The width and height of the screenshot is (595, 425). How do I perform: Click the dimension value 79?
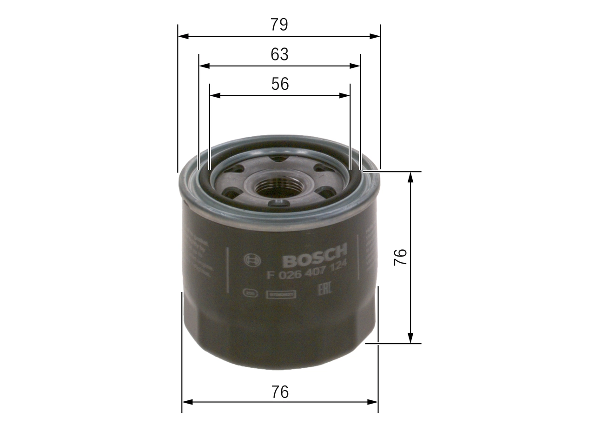pos(279,25)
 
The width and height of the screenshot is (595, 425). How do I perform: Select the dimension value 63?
pos(279,54)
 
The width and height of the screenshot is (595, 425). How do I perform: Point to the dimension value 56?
pos(280,84)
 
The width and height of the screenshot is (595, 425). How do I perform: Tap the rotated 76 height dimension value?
pos(400,257)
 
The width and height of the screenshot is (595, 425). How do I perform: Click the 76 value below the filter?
pos(280,392)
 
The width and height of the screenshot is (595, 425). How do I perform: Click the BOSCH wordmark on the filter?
pos(315,256)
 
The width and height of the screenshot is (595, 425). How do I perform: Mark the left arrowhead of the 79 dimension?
pos(183,36)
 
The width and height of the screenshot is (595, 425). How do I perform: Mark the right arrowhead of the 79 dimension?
pos(375,36)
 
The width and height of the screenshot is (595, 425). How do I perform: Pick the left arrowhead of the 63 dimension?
pos(204,66)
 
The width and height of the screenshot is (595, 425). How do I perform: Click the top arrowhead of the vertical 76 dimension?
pos(410,176)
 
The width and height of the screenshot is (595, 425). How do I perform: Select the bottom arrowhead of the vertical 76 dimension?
pos(410,339)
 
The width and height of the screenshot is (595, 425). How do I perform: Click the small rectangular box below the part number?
pos(281,294)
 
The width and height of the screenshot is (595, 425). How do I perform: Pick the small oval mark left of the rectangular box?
pos(250,293)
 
